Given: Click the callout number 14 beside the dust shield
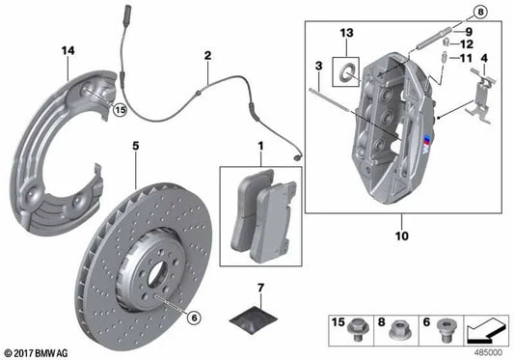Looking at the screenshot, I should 66,49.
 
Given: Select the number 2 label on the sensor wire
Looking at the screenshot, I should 207,57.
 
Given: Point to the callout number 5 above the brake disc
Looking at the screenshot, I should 137,146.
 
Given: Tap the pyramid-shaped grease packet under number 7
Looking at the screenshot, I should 256,312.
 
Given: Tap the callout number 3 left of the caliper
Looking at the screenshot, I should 318,65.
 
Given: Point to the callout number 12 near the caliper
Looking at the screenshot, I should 465,44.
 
